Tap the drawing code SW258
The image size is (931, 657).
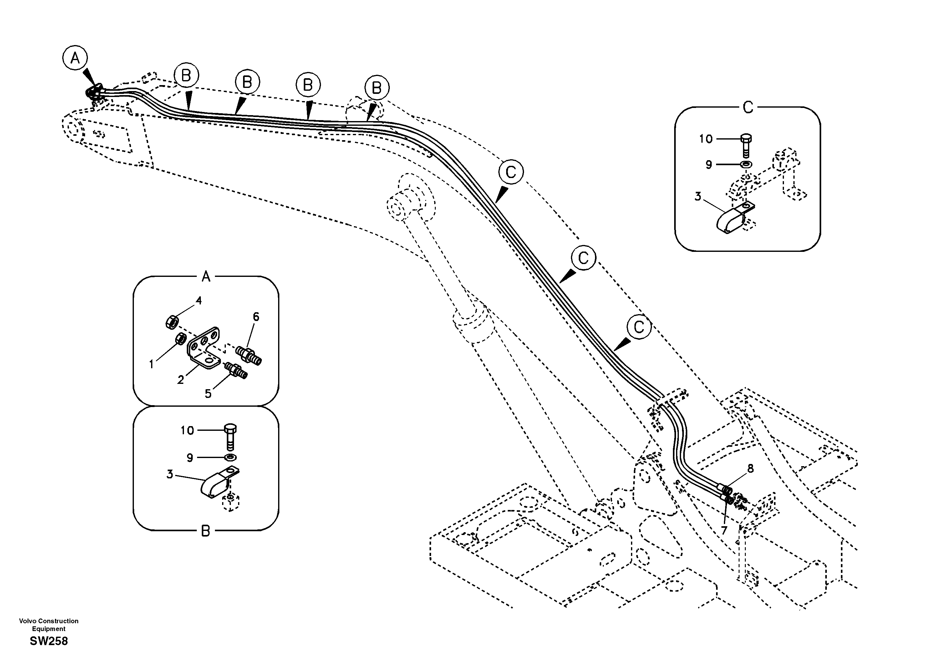(49, 641)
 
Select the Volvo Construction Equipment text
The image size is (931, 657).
(49, 624)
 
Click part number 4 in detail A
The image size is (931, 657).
(199, 301)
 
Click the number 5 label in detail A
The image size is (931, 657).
(208, 393)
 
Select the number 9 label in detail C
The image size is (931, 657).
(709, 165)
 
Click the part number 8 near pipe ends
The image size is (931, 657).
(750, 469)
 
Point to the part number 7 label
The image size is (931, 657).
(724, 530)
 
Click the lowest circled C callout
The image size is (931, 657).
(638, 327)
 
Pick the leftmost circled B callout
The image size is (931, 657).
(186, 75)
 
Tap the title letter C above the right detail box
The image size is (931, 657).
(747, 108)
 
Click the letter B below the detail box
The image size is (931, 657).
(206, 531)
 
